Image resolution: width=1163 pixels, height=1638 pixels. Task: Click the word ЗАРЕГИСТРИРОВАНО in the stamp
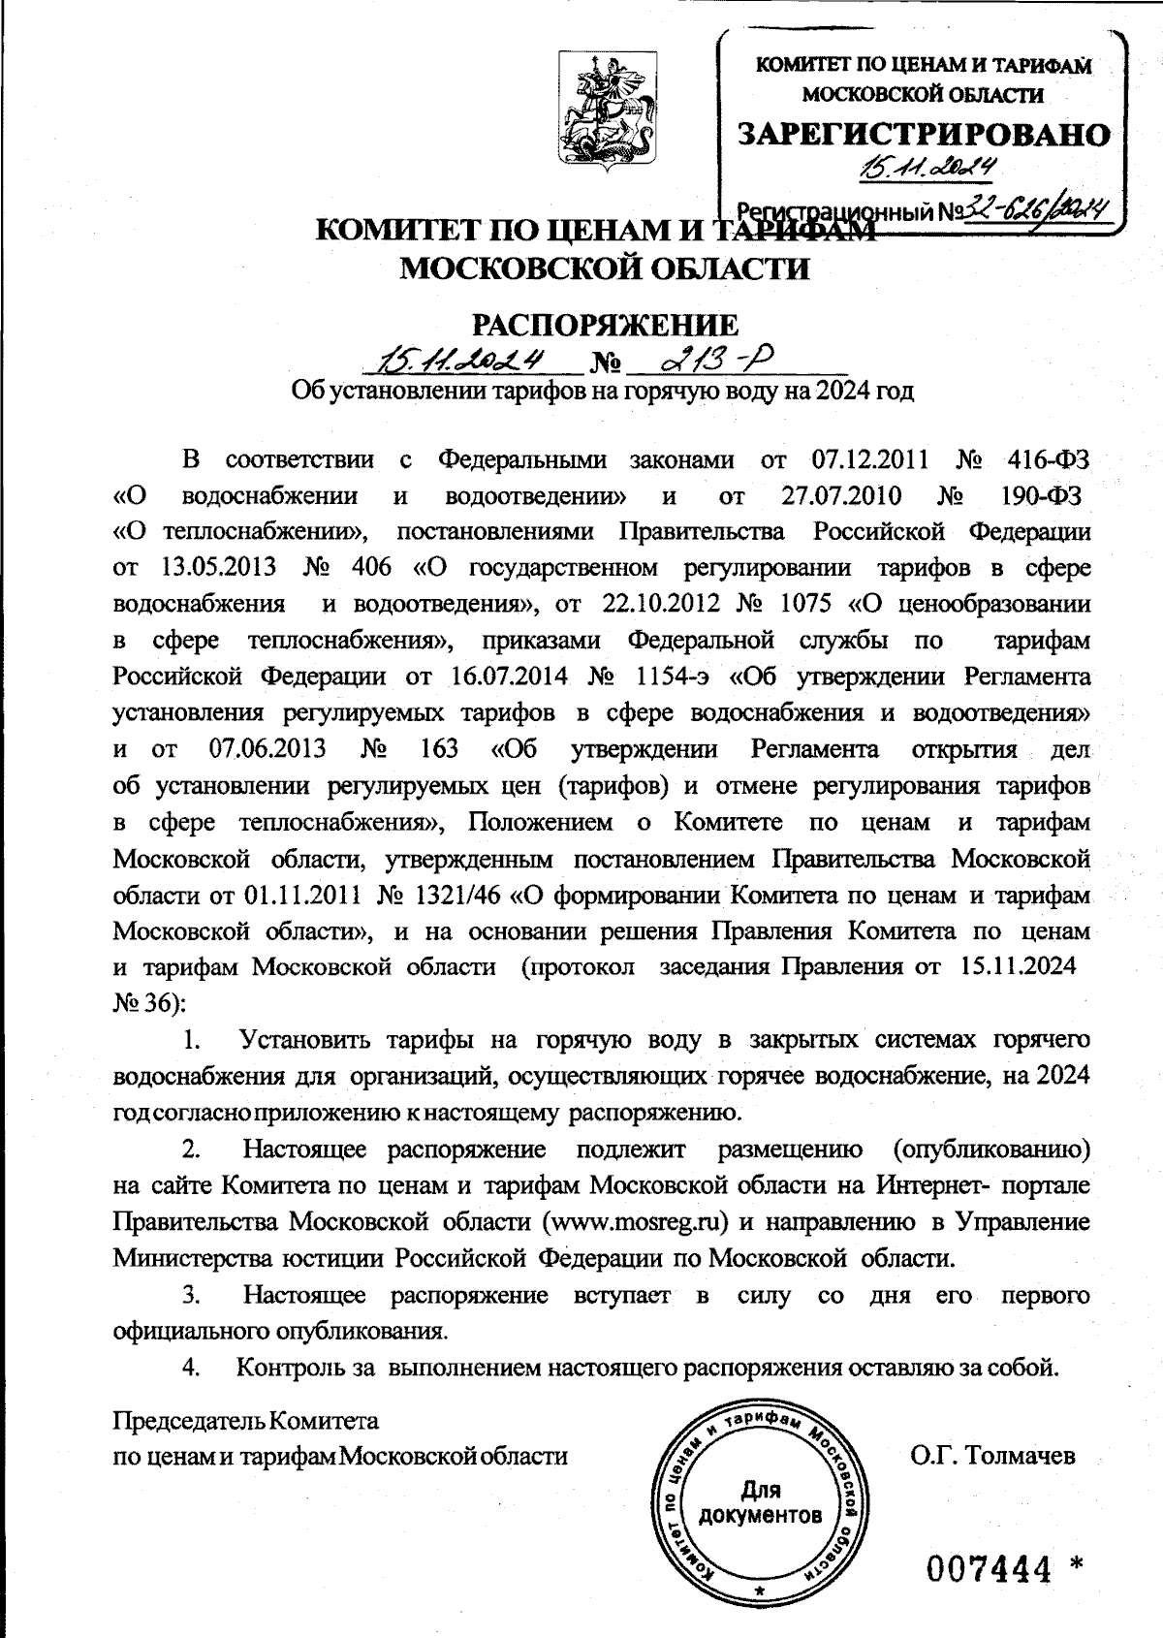923,134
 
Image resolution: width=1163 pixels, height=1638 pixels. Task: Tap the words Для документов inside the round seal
761,1501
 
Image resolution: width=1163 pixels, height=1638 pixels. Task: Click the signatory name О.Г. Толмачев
992,1455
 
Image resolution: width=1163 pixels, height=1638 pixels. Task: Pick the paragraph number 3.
192,1295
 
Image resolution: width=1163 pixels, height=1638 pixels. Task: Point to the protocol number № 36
147,1003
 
